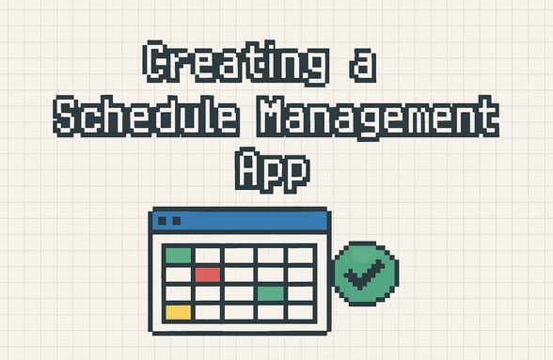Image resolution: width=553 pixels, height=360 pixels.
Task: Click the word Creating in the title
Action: (x=236, y=63)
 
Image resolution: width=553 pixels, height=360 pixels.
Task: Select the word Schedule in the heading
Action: (x=137, y=117)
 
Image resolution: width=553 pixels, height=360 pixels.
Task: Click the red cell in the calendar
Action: (x=208, y=274)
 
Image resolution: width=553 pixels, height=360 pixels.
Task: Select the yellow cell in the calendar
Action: (x=178, y=312)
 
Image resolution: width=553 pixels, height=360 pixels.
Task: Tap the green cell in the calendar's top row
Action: (x=178, y=256)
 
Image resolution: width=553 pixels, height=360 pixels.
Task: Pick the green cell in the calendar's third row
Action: (x=270, y=293)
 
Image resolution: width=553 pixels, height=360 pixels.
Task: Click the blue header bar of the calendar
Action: (x=240, y=222)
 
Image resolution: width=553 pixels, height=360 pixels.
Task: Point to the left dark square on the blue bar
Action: (x=162, y=221)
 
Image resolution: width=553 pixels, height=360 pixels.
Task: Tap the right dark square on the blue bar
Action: (x=175, y=221)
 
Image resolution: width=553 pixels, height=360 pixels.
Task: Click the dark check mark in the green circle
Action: (x=367, y=275)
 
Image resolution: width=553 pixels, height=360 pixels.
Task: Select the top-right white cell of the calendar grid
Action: (x=301, y=256)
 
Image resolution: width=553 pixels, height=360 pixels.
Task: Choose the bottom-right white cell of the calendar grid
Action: (x=301, y=312)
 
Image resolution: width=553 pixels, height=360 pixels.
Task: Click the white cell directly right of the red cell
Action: (x=239, y=274)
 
